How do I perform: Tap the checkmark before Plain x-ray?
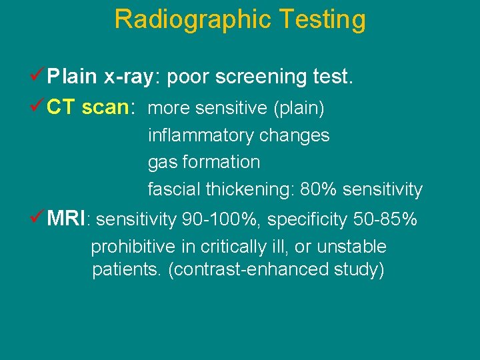coord(39,77)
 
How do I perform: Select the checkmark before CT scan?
coord(39,107)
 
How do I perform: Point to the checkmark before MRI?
coord(39,217)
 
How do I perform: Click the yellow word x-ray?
coord(129,77)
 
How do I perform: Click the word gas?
coord(160,163)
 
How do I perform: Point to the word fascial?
coord(173,189)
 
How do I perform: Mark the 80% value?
coord(317,189)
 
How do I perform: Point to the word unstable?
coord(351,247)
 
